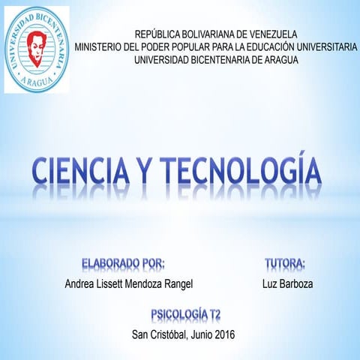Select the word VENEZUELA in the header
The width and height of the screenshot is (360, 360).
271,34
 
